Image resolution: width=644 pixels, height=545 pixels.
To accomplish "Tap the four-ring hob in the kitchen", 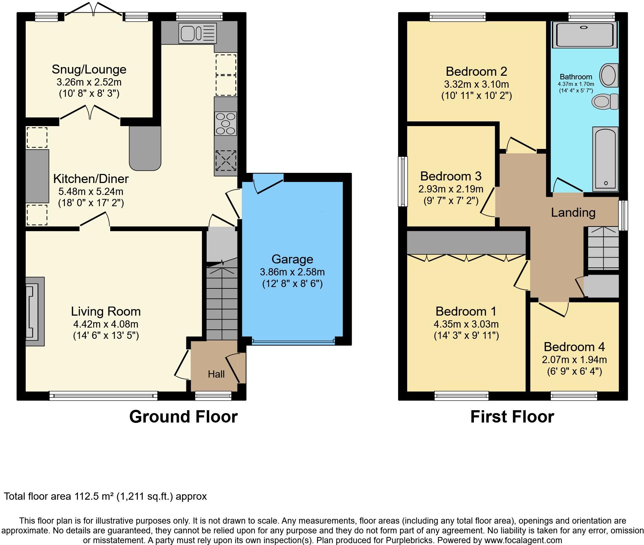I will coord(226,123).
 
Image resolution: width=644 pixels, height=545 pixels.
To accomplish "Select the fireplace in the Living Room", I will coord(34,311).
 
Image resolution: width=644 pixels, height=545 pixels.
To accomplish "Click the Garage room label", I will coord(292,259).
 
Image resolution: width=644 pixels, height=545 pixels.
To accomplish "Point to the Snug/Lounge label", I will coord(89,69).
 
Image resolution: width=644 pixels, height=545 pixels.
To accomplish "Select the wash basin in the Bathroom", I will coord(609,75).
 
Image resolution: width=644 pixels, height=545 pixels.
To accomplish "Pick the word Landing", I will coord(573,212).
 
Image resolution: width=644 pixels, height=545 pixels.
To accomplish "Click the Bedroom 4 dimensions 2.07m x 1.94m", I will coord(574,359).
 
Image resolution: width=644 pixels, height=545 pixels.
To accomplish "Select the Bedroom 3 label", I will coord(451,176).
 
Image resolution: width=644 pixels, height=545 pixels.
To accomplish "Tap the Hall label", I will coord(216,374).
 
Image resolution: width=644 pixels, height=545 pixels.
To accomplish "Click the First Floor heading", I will coord(512,417).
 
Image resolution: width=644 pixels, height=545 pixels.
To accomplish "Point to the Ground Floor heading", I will coord(183,417).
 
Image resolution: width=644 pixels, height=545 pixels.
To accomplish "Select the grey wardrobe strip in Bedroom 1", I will coord(466,242).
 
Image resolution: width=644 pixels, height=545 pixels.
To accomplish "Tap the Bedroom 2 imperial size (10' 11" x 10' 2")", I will coord(476,96).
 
